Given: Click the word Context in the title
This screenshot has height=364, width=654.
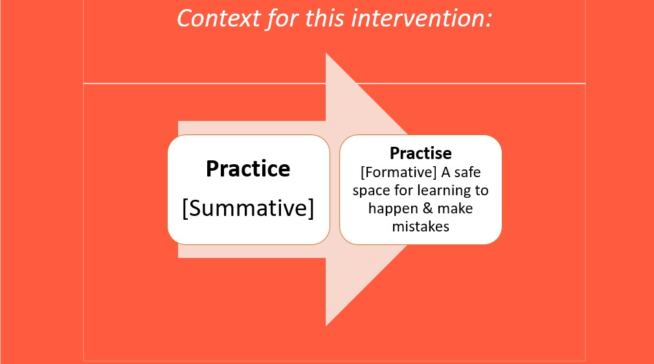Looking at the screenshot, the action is point(219,19).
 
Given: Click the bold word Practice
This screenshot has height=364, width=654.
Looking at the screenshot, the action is point(248,169).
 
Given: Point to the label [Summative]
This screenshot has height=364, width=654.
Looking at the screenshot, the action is point(248,208).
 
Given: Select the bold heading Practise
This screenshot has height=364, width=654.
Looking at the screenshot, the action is point(420,153).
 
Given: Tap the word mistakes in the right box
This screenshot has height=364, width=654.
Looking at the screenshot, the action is point(420,226).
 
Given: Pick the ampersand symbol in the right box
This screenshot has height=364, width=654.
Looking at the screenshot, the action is point(427,208).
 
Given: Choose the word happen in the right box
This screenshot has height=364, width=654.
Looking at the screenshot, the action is point(393,209).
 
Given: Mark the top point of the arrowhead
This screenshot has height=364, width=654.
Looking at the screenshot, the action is point(326,53).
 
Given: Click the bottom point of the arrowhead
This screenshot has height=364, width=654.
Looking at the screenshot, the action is point(326,326).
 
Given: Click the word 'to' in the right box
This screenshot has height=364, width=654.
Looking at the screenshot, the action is point(481,190).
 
